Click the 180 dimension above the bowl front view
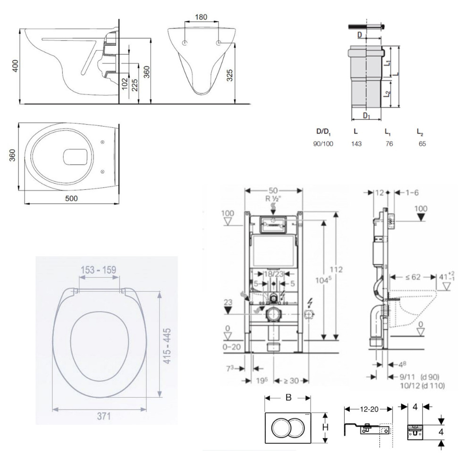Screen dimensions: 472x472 (x=201, y=17)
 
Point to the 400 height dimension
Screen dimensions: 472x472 (x=15, y=67)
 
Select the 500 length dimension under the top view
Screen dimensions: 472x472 (x=71, y=199)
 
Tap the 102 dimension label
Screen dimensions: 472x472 (x=125, y=83)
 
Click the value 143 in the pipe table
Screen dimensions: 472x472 (x=356, y=143)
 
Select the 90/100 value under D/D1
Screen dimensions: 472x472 (x=323, y=143)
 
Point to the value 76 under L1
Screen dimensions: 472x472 (x=389, y=143)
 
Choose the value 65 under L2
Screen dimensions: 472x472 (x=421, y=143)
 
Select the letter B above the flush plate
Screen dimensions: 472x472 (x=288, y=397)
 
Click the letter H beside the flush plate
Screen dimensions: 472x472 (x=325, y=428)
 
